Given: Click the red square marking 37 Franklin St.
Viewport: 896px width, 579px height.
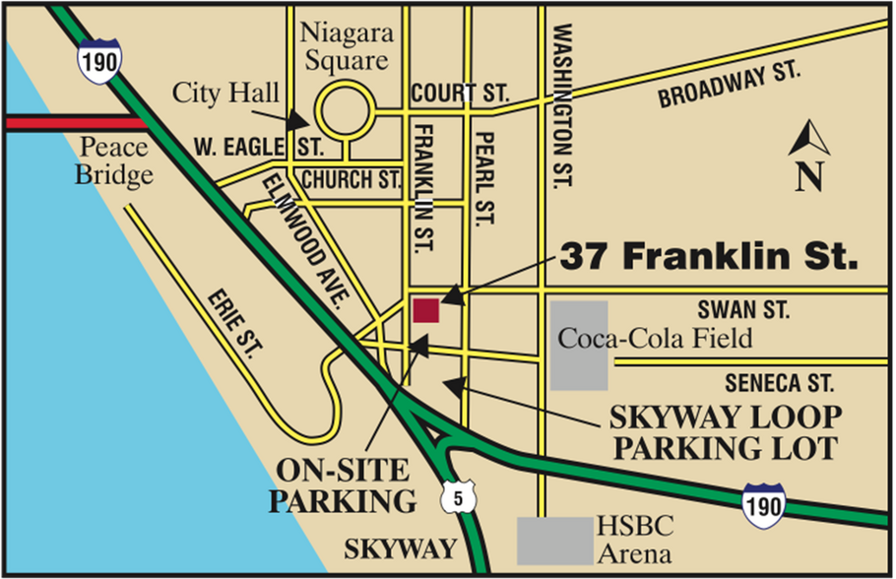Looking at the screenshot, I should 425,310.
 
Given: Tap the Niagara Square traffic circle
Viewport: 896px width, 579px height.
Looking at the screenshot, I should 344,112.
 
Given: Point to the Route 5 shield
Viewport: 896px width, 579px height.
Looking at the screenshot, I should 459,496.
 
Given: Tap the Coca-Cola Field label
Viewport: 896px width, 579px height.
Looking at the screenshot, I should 655,339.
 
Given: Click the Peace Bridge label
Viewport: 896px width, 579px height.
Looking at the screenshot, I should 116,161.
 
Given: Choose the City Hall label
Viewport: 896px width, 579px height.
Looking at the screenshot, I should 225,94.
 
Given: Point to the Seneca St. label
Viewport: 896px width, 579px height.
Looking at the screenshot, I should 779,382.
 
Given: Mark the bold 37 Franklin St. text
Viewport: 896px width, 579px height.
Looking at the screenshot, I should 709,258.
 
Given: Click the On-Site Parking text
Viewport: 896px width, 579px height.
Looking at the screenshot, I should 344,483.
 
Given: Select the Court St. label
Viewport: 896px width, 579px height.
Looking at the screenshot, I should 460,94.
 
